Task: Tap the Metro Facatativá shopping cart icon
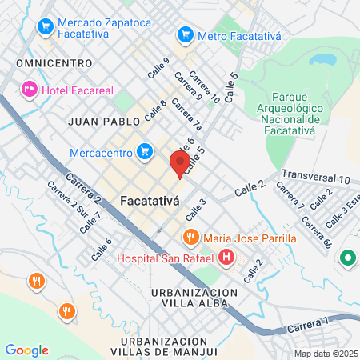[x=186, y=34]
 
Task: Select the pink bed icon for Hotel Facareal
[x=30, y=88]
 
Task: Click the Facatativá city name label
[x=149, y=200]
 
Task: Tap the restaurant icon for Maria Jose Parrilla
[x=190, y=237]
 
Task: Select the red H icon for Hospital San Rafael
[x=226, y=257]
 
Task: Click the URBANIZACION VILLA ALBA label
[x=194, y=299]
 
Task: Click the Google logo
[x=26, y=350]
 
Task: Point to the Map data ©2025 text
[x=325, y=354]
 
